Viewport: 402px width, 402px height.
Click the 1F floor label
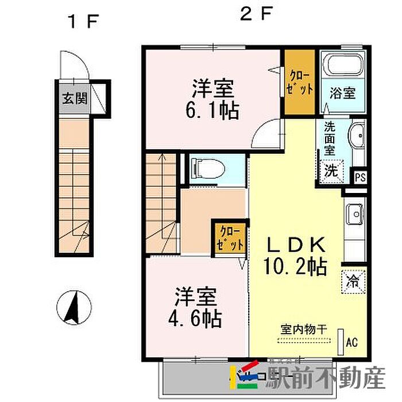[x=83, y=22]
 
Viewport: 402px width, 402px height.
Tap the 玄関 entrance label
[x=75, y=98]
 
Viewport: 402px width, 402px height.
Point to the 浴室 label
[x=342, y=93]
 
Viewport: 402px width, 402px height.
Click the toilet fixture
[x=208, y=169]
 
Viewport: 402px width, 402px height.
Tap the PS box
[x=360, y=177]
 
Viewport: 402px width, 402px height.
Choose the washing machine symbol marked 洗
[x=331, y=171]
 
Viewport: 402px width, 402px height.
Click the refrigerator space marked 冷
[x=353, y=281]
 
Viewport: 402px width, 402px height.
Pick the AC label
[x=351, y=342]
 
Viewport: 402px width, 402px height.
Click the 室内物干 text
[x=304, y=329]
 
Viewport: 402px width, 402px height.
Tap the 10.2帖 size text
[x=295, y=266]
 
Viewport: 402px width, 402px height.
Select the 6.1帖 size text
[x=212, y=110]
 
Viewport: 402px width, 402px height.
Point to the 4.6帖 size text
[x=195, y=319]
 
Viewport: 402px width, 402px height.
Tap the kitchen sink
[x=355, y=214]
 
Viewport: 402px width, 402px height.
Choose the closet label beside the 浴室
[x=299, y=82]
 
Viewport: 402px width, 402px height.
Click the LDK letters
[x=296, y=245]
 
